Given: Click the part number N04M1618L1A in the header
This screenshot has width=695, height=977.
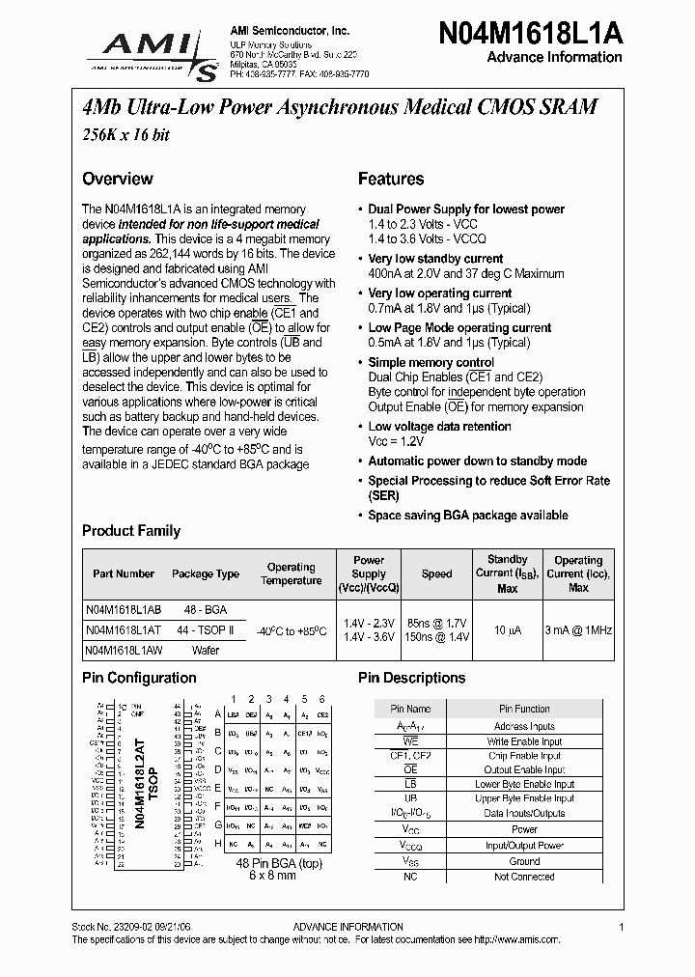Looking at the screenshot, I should (x=530, y=31).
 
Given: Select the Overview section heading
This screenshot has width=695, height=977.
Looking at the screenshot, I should (x=117, y=179).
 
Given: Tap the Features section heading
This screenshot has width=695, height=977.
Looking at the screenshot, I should (x=391, y=179).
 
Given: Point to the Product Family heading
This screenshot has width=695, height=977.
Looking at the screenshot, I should (x=131, y=531).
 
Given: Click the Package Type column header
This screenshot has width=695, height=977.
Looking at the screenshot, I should (x=206, y=573).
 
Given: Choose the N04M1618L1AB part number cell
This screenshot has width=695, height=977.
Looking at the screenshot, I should (x=124, y=610).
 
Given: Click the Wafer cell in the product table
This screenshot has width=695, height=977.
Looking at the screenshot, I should (x=206, y=650).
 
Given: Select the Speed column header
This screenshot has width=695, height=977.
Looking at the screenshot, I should (x=436, y=573).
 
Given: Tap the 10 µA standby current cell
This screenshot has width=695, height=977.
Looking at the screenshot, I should (x=508, y=629).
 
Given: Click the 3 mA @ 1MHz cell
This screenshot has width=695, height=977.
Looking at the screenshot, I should (x=578, y=629).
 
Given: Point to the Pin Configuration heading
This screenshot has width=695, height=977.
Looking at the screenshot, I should (x=139, y=678).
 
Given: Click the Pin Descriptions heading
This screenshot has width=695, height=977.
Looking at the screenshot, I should (x=411, y=678).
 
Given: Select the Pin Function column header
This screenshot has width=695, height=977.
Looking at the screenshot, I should (x=524, y=709).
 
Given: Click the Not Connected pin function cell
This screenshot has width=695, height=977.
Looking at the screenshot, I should (x=524, y=877).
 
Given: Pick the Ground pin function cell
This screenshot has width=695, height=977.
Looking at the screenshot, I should (x=524, y=861).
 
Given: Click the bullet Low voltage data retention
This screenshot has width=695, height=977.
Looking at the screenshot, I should (x=439, y=426).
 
